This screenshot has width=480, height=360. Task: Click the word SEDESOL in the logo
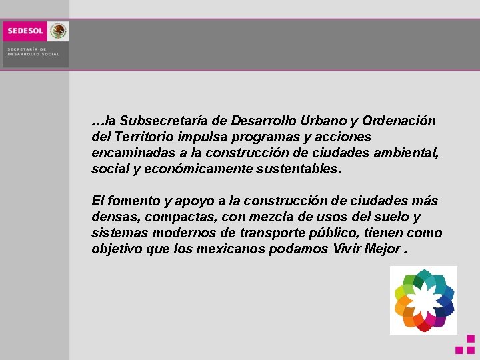tap(25, 31)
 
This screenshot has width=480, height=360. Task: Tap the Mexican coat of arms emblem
tap(59, 31)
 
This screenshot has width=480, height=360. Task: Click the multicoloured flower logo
tap(423, 300)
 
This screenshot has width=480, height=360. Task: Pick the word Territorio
tap(145, 137)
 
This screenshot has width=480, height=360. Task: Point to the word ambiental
tap(406, 153)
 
